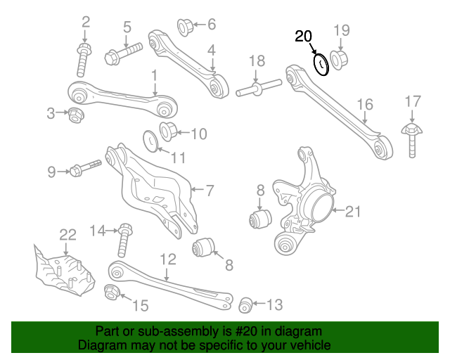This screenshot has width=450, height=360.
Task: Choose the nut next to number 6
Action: click(185, 27)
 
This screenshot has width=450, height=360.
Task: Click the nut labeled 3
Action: click(75, 113)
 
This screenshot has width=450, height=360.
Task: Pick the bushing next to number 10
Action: click(170, 131)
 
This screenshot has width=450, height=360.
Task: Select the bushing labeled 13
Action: click(245, 304)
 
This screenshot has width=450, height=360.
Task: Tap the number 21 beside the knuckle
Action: click(352, 210)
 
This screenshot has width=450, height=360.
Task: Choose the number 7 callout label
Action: click(209, 189)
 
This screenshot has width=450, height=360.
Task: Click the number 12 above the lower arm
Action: click(167, 259)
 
